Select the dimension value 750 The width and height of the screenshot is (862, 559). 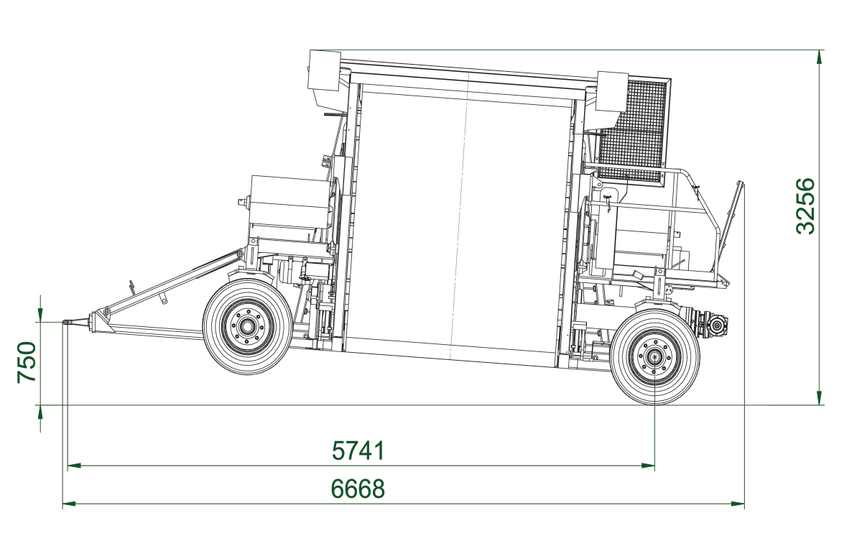[27, 363]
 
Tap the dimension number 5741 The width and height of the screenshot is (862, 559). [358, 451]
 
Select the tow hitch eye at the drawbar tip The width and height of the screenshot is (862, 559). [68, 323]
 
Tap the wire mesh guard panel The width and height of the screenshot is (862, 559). [633, 129]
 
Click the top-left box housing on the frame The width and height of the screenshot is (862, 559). [324, 70]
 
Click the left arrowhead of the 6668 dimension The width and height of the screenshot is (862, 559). [69, 504]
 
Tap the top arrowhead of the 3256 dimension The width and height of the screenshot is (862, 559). [820, 57]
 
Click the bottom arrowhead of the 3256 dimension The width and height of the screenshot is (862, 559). [820, 399]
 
